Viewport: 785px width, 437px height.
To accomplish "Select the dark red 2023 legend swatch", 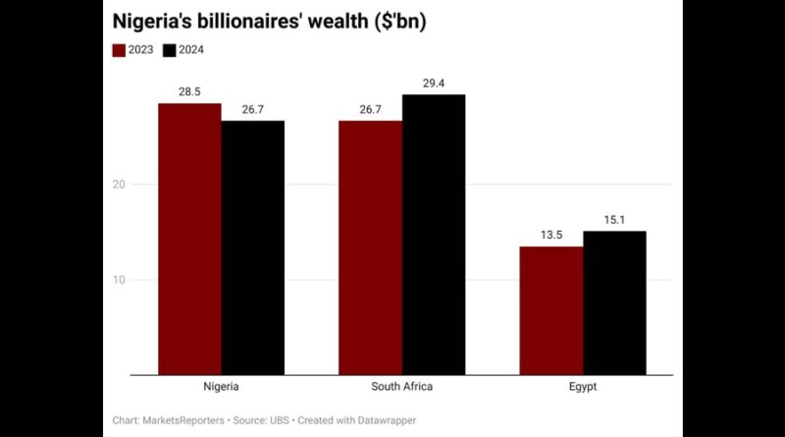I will click(119, 50).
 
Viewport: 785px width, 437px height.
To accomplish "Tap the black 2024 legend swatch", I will click(169, 50).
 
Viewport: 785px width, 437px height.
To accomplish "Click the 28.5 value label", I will click(189, 92).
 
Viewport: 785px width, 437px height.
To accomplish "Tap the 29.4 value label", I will click(433, 83).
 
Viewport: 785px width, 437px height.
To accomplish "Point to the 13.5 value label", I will click(550, 236).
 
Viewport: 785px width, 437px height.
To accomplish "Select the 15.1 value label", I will click(614, 220).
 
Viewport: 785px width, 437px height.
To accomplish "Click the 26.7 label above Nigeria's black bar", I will click(252, 110).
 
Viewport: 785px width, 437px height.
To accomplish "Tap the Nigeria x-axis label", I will click(221, 387).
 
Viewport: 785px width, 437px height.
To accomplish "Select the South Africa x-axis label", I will click(401, 387).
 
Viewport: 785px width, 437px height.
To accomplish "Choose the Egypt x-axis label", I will click(583, 387).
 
